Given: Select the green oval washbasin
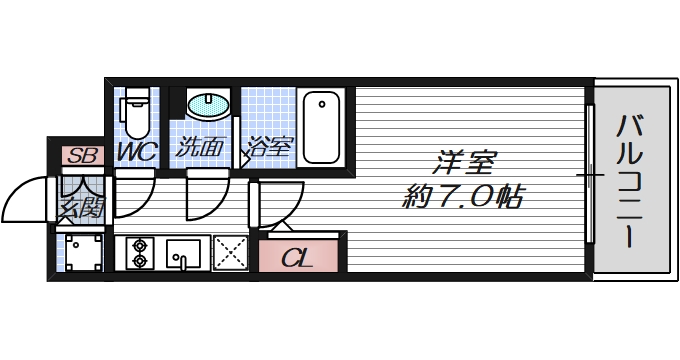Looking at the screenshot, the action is pyautogui.click(x=208, y=105).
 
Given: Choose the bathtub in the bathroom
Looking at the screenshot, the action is pyautogui.click(x=321, y=127).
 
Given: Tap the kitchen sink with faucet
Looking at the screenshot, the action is pyautogui.click(x=184, y=254).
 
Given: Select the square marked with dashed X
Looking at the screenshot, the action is pyautogui.click(x=230, y=254).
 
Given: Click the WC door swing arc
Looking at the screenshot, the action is pyautogui.click(x=134, y=192).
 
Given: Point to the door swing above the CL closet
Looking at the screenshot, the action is pyautogui.click(x=280, y=206).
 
